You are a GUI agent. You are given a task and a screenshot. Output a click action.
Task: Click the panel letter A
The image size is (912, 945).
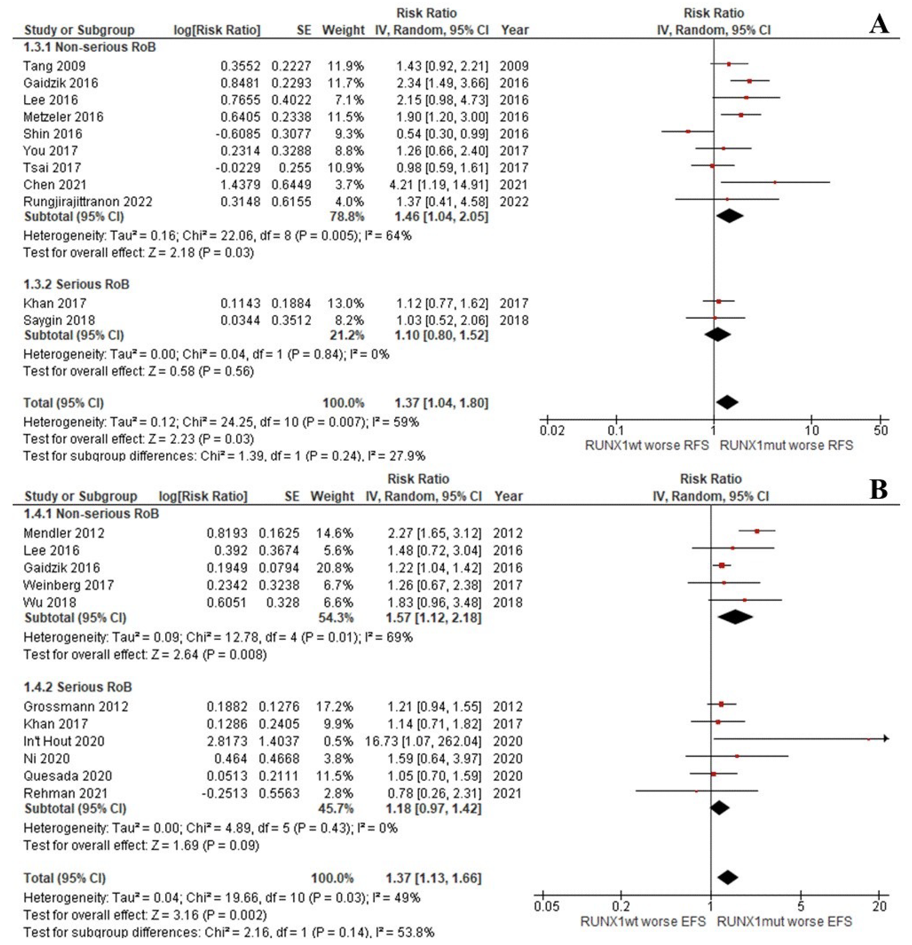coord(879,24)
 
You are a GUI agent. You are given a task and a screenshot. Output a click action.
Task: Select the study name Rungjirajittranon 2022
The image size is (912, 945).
coord(88,201)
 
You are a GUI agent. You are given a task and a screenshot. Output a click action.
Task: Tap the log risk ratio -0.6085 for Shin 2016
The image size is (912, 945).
coord(238,134)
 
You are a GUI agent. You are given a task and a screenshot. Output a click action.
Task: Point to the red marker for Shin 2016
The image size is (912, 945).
coord(688,131)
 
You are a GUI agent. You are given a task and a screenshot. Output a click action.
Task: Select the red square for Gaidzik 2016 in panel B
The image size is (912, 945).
coord(721,565)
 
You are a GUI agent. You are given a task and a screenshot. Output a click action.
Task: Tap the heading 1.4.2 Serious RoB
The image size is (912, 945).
coord(78,687)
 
